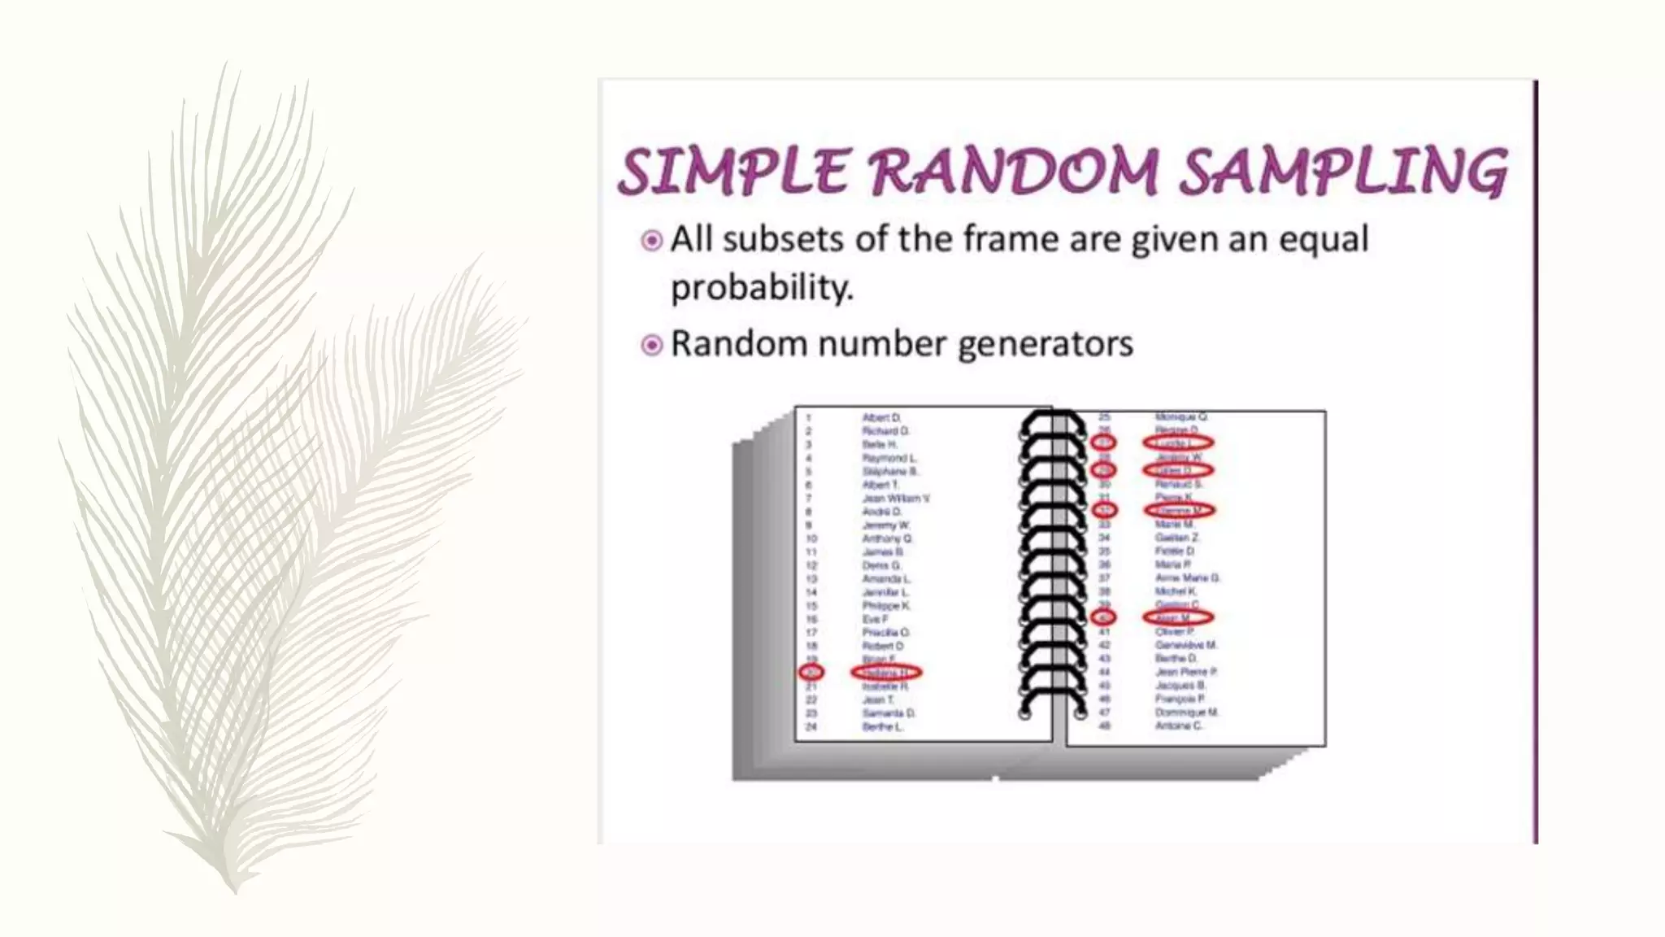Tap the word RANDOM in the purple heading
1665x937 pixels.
(x=1014, y=172)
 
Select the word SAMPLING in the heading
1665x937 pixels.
(x=1343, y=172)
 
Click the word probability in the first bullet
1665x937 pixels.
(x=762, y=288)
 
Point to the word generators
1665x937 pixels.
(x=1045, y=344)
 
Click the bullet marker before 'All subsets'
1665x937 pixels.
(x=651, y=241)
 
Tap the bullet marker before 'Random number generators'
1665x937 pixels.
(x=651, y=346)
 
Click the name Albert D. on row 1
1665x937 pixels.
(x=881, y=418)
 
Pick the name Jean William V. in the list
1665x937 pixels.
(x=896, y=498)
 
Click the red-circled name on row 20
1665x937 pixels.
(x=885, y=673)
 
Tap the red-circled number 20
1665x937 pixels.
(x=811, y=673)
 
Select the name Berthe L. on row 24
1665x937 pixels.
(x=882, y=726)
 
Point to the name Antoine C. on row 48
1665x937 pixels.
(x=1178, y=726)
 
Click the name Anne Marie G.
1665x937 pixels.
(x=1187, y=577)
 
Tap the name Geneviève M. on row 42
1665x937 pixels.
(x=1185, y=645)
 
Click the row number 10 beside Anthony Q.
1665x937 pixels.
(x=811, y=538)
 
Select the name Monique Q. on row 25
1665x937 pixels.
(x=1180, y=416)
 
